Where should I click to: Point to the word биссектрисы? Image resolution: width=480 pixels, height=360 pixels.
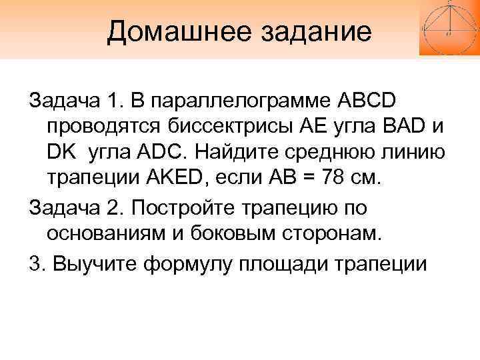(x=231, y=127)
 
